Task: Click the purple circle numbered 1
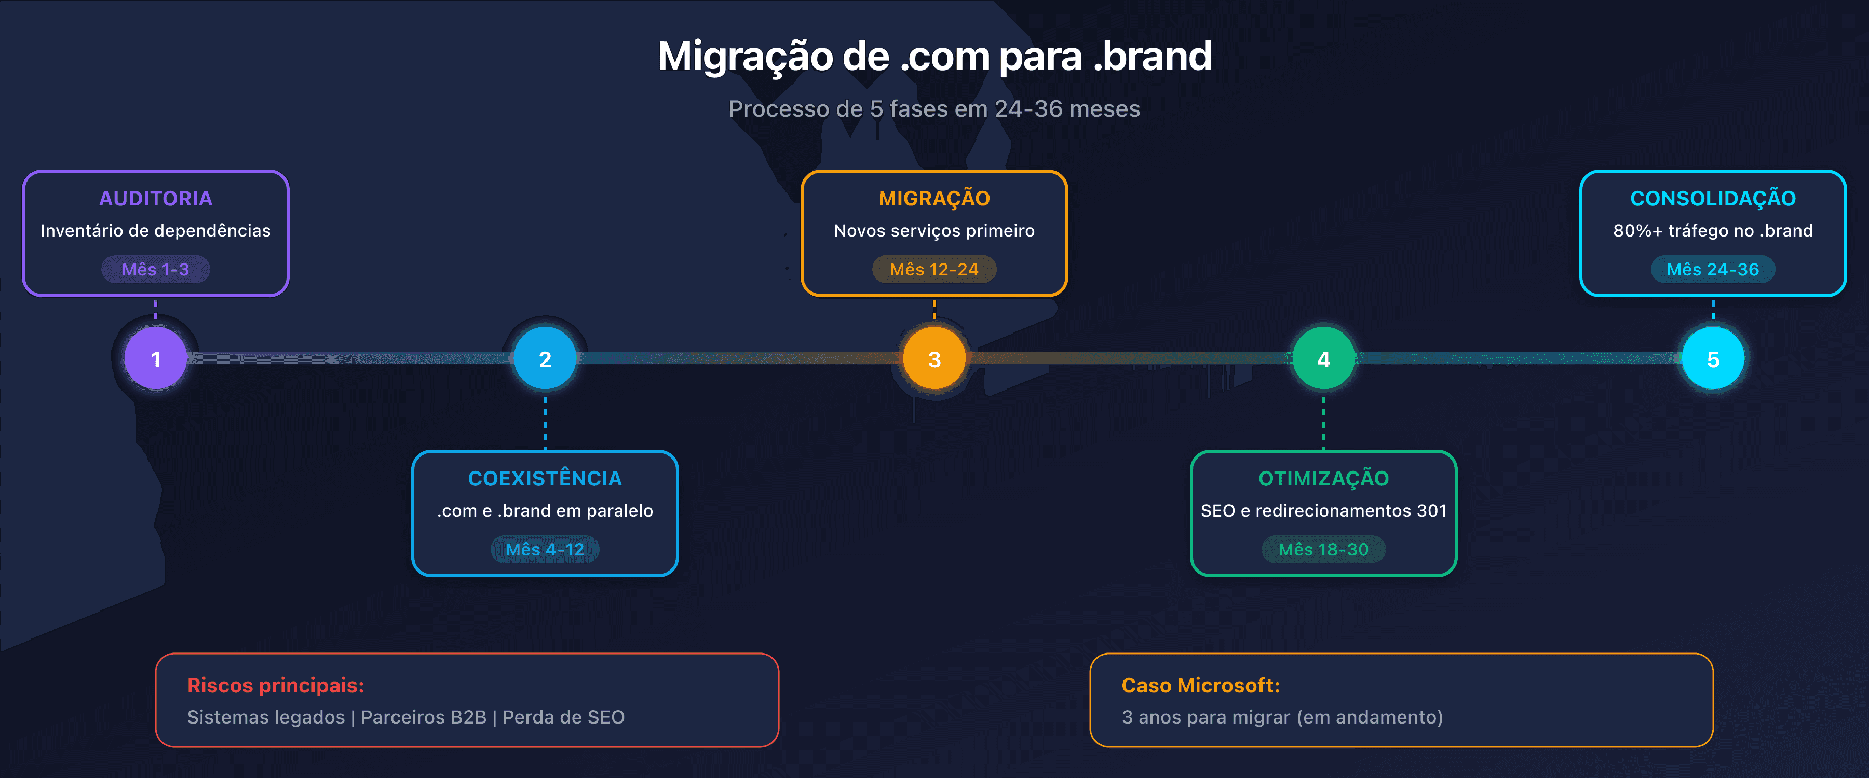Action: click(x=155, y=358)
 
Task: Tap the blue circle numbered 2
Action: click(x=545, y=358)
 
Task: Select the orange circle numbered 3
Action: click(x=934, y=358)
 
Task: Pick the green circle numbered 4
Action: click(x=1323, y=358)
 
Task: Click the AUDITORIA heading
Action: click(x=155, y=198)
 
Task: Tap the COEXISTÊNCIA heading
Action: click(x=545, y=479)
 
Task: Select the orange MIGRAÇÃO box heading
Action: click(x=934, y=198)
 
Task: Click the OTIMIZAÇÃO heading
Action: click(x=1323, y=479)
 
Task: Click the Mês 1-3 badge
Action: click(x=155, y=269)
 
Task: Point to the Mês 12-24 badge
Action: click(x=934, y=269)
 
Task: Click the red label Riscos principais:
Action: click(x=275, y=685)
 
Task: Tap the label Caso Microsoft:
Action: click(x=1200, y=685)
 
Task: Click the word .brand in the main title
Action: click(x=1152, y=57)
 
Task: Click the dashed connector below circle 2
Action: click(x=545, y=421)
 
